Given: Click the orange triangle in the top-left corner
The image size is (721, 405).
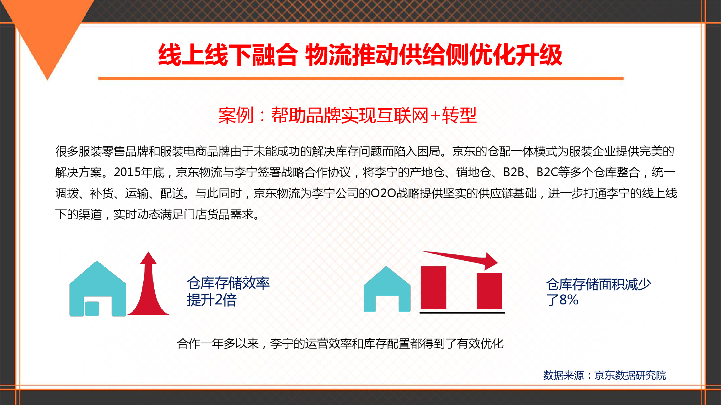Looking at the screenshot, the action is coord(47,28).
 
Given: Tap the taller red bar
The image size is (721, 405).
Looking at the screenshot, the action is coord(433,288).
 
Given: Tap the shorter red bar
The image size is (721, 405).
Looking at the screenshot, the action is coord(489,291).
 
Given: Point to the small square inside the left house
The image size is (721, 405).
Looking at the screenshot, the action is coord(92,309).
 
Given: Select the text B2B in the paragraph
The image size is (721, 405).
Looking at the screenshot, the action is coord(513,172).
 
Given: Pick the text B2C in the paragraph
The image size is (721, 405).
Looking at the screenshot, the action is coord(547,172).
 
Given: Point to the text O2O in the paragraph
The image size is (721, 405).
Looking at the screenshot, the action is coord(383,193).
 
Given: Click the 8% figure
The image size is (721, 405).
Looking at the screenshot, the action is coord(569,300).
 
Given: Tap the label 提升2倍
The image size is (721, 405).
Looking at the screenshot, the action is coord(211,300).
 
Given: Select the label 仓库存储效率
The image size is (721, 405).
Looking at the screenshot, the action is coord(228,283).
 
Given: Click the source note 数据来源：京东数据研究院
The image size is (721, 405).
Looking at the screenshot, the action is coord(604,375).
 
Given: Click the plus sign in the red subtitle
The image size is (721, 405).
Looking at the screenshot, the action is coord(435,115).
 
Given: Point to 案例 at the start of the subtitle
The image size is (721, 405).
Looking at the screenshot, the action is coord(236,115).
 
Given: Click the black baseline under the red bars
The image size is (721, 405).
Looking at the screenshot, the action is coord(462,312).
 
